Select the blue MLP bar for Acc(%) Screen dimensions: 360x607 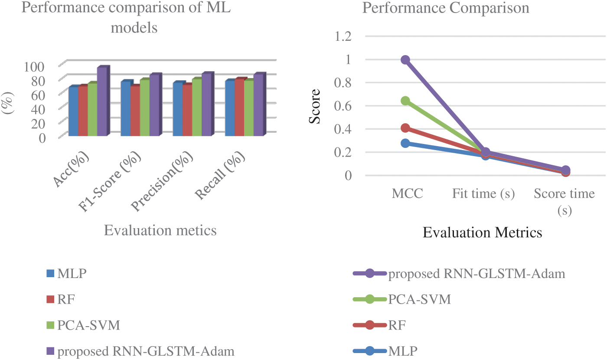[73, 112]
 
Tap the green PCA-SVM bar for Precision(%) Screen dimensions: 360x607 [196, 108]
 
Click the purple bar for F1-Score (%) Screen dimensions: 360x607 [154, 105]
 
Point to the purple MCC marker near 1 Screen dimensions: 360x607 [405, 60]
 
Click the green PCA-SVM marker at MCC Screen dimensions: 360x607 [405, 101]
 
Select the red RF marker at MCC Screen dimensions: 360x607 [405, 128]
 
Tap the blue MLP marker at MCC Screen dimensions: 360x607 [405, 143]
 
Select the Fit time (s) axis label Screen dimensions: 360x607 [483, 193]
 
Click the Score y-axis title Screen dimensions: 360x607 [315, 106]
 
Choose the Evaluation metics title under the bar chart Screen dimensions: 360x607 [160, 230]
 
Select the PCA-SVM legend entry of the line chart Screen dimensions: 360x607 [419, 299]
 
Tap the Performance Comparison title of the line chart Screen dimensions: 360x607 [446, 8]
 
